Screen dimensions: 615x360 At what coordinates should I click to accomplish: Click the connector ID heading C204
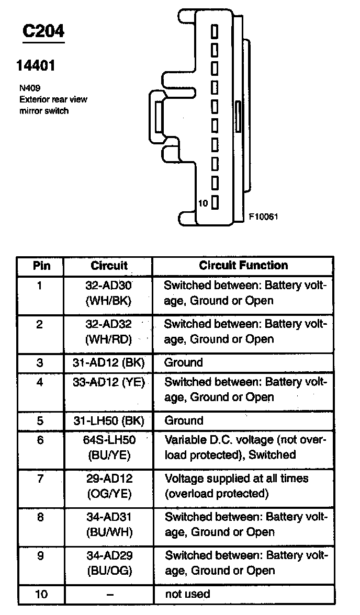pos(43,31)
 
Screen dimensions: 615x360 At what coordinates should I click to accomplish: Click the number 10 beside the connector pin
pos(203,203)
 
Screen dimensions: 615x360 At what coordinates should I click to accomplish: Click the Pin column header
pos(41,266)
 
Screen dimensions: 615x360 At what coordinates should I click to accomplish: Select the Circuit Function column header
pos(243,266)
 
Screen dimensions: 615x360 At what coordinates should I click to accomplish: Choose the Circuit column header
pos(109,266)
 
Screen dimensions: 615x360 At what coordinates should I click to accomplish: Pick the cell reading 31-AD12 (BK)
pos(109,362)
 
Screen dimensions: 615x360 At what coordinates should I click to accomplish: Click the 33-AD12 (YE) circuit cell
pos(109,382)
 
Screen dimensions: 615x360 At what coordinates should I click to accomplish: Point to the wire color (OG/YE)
pos(109,494)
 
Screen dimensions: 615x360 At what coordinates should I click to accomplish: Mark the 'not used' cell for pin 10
pos(187,594)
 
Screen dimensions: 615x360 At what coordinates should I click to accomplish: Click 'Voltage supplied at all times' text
pos(237,479)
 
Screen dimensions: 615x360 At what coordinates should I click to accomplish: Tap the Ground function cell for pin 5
pos(183,420)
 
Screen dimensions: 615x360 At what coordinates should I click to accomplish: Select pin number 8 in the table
pos(40,517)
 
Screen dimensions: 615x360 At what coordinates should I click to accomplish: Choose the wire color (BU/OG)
pos(109,571)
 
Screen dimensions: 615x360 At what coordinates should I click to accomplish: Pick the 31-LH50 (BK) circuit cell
pos(109,420)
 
